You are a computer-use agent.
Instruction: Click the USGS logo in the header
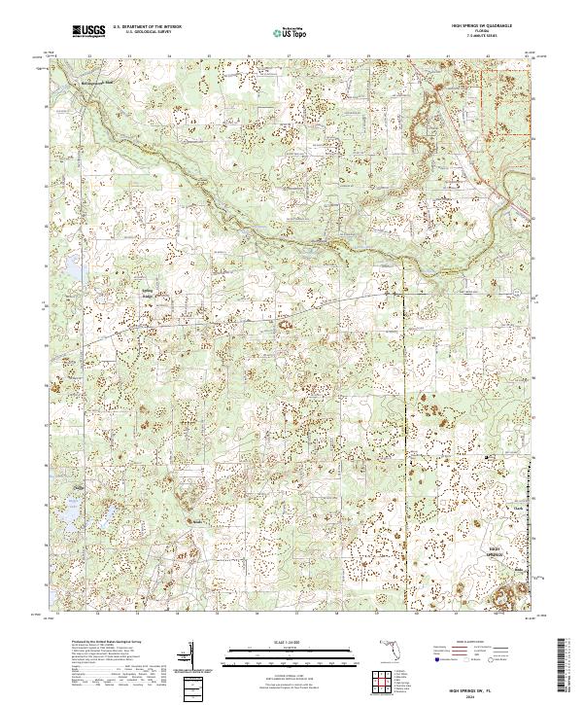click(x=88, y=32)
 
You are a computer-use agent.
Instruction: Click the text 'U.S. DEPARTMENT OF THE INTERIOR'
click(x=147, y=27)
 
